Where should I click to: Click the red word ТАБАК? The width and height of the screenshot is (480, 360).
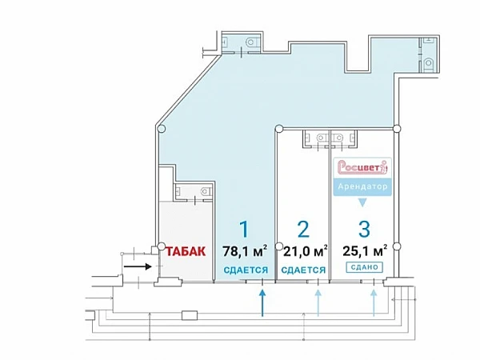tap(186, 251)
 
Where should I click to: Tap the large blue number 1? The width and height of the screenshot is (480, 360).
tap(244, 229)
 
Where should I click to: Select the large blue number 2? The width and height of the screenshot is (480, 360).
tap(303, 229)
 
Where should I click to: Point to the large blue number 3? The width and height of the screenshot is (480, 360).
tap(364, 229)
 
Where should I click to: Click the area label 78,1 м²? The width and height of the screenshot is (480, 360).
tap(245, 251)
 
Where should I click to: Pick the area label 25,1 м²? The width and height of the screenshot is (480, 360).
tap(365, 251)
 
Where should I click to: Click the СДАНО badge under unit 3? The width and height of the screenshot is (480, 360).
tap(365, 267)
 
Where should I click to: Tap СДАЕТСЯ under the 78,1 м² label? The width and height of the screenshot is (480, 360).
tap(246, 270)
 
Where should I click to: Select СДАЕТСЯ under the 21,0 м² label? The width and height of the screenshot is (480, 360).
tap(303, 270)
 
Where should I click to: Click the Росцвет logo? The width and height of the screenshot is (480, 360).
tap(362, 167)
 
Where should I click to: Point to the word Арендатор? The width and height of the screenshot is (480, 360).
tap(362, 186)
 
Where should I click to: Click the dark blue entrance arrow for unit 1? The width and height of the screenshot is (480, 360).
tap(262, 302)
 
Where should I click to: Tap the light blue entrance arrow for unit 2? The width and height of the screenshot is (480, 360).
tap(318, 302)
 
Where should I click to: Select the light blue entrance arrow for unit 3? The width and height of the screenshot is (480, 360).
tap(374, 302)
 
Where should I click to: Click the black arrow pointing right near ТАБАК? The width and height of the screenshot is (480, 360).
tap(138, 266)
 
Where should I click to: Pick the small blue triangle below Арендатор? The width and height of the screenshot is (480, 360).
tap(362, 202)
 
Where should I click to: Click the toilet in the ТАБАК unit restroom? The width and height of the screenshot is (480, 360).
tap(205, 192)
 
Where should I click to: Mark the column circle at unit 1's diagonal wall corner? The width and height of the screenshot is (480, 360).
tap(162, 129)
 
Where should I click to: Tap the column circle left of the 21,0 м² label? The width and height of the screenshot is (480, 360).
tap(279, 246)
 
